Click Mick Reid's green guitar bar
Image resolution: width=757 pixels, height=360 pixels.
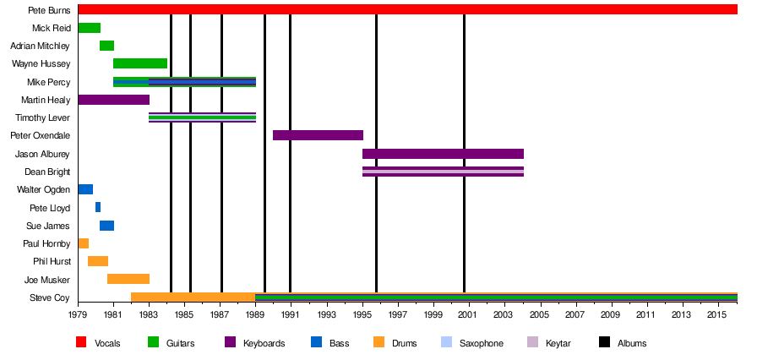89,28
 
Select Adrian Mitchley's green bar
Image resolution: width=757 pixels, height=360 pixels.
106,46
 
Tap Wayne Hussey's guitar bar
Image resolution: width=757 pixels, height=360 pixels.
140,63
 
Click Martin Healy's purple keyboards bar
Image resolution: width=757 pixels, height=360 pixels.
113,100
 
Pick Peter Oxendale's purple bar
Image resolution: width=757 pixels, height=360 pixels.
318,135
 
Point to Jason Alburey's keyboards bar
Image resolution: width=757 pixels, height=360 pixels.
443,154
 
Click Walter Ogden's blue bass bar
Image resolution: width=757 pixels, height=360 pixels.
85,189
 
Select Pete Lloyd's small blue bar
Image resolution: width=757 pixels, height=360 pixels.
98,207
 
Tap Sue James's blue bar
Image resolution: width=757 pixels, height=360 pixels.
106,226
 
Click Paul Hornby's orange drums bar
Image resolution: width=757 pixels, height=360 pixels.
83,243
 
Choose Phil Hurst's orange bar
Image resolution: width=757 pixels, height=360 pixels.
98,261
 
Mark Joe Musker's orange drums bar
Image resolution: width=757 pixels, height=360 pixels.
128,279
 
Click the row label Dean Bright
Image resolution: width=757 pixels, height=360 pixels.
47,172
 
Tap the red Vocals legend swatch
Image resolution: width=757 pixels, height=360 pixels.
81,343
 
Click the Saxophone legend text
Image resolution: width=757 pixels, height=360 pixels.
481,344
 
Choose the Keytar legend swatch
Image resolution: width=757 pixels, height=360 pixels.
532,343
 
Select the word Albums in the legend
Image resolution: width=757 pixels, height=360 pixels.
632,344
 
